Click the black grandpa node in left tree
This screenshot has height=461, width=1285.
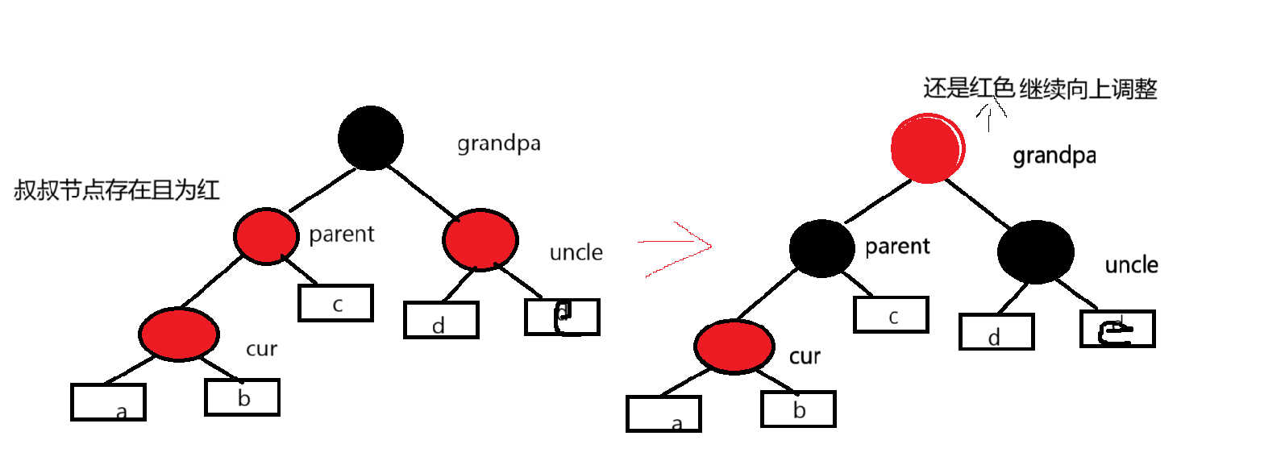pos(371,138)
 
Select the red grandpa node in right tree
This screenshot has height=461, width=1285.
pos(927,148)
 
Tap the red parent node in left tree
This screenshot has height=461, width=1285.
pos(265,236)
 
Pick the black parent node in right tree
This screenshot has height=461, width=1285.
pos(821,248)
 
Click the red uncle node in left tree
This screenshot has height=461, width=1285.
pos(480,239)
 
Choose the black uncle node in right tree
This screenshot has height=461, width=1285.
pos(1035,251)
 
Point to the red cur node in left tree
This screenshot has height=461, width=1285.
pos(178,334)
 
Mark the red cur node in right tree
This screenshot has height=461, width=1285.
pos(734,346)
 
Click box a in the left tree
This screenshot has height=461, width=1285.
pos(108,402)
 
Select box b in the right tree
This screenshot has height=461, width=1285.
pos(798,409)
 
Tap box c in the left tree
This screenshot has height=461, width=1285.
pos(335,303)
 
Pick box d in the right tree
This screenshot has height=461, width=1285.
pos(996,332)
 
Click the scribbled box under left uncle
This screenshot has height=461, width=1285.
pos(562,316)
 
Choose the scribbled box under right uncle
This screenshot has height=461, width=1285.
pos(1117,329)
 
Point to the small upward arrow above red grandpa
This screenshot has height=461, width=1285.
pos(990,114)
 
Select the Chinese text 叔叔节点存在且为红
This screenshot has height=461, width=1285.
pos(117,190)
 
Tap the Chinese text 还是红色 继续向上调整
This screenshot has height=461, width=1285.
pos(1040,88)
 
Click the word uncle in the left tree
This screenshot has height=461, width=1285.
pos(576,252)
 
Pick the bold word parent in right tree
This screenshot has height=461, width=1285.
pos(897,246)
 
